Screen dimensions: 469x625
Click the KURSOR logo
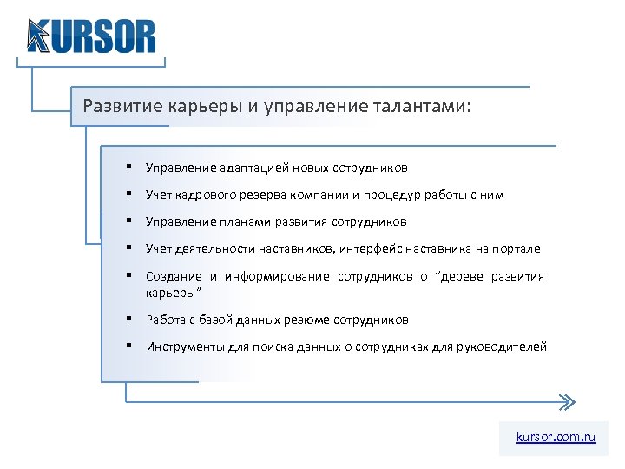pyautogui.click(x=91, y=36)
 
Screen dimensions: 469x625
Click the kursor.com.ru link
pyautogui.click(x=556, y=438)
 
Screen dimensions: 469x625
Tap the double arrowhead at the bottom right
pyautogui.click(x=565, y=401)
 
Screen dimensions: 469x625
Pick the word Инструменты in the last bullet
pyautogui.click(x=177, y=347)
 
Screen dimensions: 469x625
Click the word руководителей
pyautogui.click(x=507, y=347)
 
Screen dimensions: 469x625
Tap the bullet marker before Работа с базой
pyautogui.click(x=128, y=319)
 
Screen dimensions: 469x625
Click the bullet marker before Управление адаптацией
pyautogui.click(x=128, y=167)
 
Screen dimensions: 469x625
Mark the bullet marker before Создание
pyautogui.click(x=128, y=275)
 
